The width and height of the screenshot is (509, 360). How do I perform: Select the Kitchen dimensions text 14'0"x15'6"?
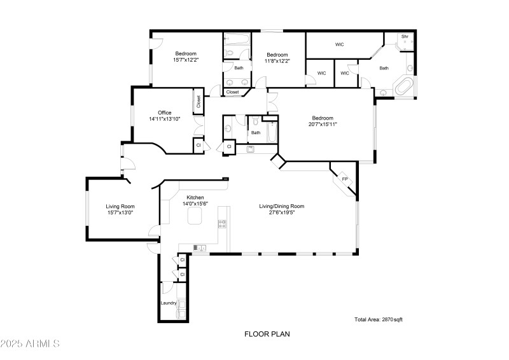point(195,204)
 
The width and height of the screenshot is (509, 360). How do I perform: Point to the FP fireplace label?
point(345,179)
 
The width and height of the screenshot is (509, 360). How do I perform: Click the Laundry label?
point(169,303)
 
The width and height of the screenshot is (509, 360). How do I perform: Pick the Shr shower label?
point(405,37)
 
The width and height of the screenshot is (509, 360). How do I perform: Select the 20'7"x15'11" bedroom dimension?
point(323,125)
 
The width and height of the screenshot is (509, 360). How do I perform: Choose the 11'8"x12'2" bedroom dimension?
point(278,61)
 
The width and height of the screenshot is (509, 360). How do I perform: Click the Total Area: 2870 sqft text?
point(379,319)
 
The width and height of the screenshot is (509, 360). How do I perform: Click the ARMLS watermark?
point(30,344)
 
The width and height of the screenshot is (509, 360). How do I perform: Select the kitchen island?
point(194,219)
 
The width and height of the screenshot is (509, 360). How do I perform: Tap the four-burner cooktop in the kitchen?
point(223,223)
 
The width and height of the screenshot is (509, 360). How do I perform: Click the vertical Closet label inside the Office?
point(199,102)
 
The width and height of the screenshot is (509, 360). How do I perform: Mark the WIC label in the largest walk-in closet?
point(340,45)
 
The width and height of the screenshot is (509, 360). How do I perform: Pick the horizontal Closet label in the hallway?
point(233,92)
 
